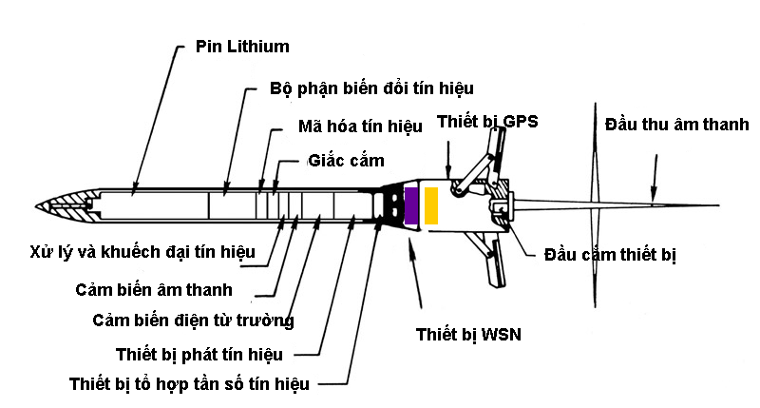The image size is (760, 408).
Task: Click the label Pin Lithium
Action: click(x=241, y=47)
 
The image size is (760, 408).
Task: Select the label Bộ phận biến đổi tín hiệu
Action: click(x=372, y=88)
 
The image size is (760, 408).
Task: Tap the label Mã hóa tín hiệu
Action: click(x=360, y=126)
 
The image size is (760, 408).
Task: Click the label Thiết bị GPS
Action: click(x=487, y=120)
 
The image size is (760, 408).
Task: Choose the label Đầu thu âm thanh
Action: click(x=677, y=125)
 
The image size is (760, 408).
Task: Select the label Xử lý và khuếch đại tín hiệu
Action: click(x=129, y=251)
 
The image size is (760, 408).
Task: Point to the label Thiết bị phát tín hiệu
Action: click(x=199, y=355)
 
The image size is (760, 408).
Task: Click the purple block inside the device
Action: click(x=411, y=206)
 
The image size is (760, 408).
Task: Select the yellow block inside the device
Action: click(x=431, y=206)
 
